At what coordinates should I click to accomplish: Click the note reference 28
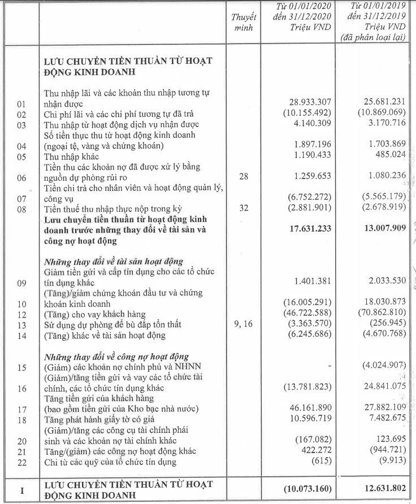pyautogui.click(x=244, y=177)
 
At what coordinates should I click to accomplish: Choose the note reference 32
pyautogui.click(x=244, y=208)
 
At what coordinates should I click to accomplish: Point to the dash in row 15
pyautogui.click(x=327, y=368)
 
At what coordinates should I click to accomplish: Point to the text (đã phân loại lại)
pyautogui.click(x=372, y=37)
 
